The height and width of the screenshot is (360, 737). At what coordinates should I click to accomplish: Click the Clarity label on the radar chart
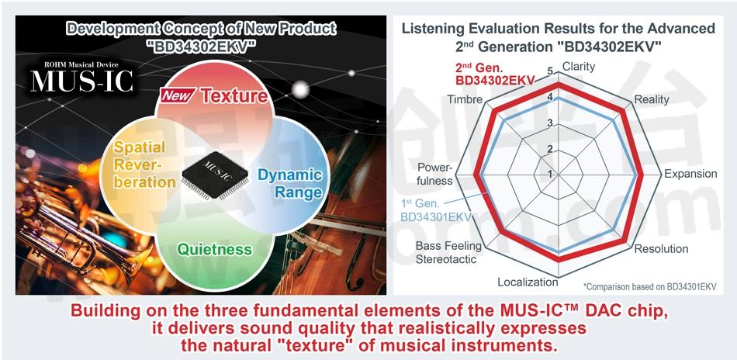[x=579, y=67]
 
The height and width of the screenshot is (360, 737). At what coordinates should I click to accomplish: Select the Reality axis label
[x=652, y=99]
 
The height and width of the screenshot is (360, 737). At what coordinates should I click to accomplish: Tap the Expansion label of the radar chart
[x=690, y=174]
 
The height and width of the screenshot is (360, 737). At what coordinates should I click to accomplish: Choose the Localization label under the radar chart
[x=528, y=282]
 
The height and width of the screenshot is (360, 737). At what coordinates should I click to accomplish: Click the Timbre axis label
[x=465, y=99]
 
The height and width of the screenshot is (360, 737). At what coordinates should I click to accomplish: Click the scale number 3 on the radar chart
[x=550, y=124]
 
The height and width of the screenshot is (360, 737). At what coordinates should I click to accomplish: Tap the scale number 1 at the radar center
[x=550, y=175]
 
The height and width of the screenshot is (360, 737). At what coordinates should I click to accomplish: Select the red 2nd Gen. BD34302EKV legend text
[x=495, y=74]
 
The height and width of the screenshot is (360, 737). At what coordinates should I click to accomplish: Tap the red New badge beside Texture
[x=177, y=96]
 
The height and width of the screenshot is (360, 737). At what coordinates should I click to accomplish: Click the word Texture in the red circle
[x=234, y=96]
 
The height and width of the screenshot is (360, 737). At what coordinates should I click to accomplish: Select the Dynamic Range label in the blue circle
[x=290, y=184]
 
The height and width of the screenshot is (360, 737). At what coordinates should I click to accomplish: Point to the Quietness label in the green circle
[x=214, y=249]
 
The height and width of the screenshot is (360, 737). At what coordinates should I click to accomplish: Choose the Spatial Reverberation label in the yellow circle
[x=140, y=164]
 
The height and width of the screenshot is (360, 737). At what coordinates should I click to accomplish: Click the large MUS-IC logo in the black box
[x=82, y=81]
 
